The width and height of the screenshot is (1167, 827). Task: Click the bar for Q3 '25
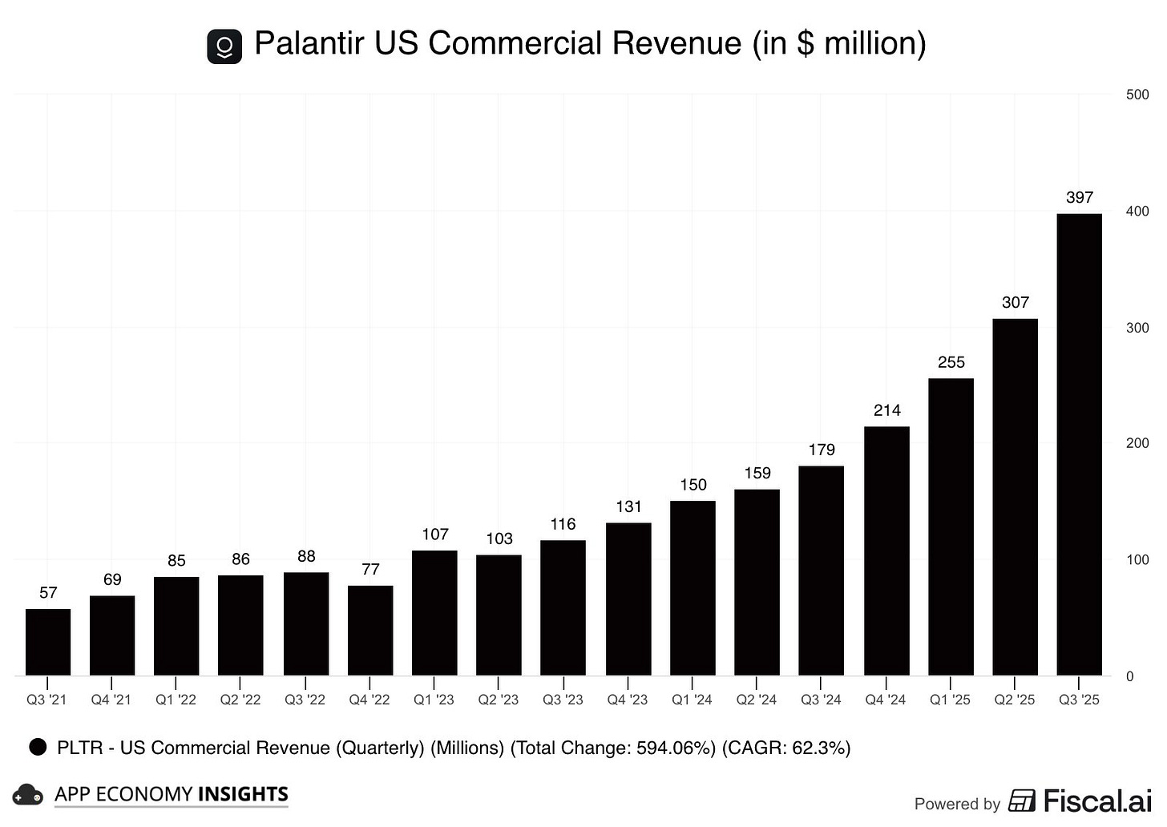click(x=1079, y=445)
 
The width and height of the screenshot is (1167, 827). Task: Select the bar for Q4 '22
click(x=370, y=631)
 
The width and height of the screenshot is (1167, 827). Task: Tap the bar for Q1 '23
click(x=434, y=613)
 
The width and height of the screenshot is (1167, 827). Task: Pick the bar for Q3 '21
click(x=48, y=642)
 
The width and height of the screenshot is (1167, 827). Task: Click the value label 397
click(x=1080, y=197)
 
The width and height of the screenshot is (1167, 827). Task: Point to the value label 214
click(x=886, y=410)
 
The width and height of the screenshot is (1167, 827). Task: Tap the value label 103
click(x=499, y=539)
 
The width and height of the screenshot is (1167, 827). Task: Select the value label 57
click(x=48, y=592)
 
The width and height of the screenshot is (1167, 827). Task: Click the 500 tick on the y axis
click(x=1137, y=95)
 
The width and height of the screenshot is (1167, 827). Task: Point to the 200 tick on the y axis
click(x=1137, y=443)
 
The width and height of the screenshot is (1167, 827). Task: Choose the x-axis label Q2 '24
click(x=757, y=700)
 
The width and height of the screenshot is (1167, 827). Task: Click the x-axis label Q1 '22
click(x=176, y=700)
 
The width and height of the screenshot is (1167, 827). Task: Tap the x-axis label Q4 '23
click(x=627, y=700)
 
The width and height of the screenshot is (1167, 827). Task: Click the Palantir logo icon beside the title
click(x=224, y=46)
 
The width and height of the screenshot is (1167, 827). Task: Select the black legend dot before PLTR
click(x=38, y=748)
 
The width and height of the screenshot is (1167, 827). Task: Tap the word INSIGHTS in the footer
click(x=243, y=794)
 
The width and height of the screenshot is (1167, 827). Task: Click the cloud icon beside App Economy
click(x=28, y=794)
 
